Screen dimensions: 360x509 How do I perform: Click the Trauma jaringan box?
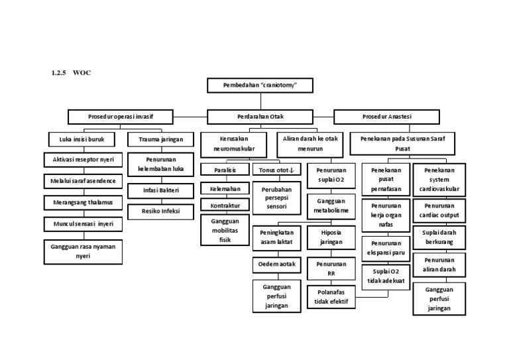[160, 140]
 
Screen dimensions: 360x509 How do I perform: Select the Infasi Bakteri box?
[160, 190]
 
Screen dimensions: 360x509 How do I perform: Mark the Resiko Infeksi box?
[160, 211]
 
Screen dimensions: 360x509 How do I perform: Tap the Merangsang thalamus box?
[83, 202]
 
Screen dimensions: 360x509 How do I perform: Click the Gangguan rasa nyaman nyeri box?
[83, 251]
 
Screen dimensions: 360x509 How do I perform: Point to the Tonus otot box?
[277, 170]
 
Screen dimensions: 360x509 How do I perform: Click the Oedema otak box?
[277, 265]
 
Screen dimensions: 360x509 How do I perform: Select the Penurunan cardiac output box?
[439, 211]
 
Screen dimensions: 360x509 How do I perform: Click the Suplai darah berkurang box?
[439, 238]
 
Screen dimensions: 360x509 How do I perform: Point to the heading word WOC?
[83, 72]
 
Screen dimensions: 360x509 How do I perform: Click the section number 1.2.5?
[59, 72]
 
